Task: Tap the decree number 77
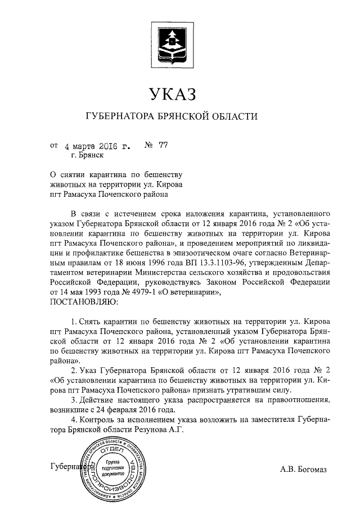[x=164, y=146]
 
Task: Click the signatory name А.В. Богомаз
[x=303, y=469]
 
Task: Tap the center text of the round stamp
[x=112, y=468]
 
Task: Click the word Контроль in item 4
[x=98, y=419]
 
